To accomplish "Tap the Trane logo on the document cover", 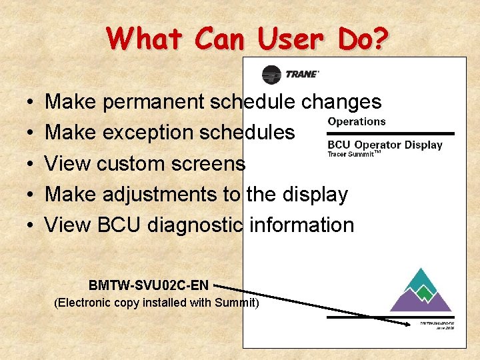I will point(291,74).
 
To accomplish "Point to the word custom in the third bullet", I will point(133,163).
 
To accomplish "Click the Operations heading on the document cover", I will point(357,121).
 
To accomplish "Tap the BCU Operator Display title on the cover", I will point(385,145).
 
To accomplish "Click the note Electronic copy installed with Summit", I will point(156,303).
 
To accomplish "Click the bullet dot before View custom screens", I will point(32,164).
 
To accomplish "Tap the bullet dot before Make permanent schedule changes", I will point(32,103).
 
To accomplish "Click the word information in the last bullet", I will point(301,225).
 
